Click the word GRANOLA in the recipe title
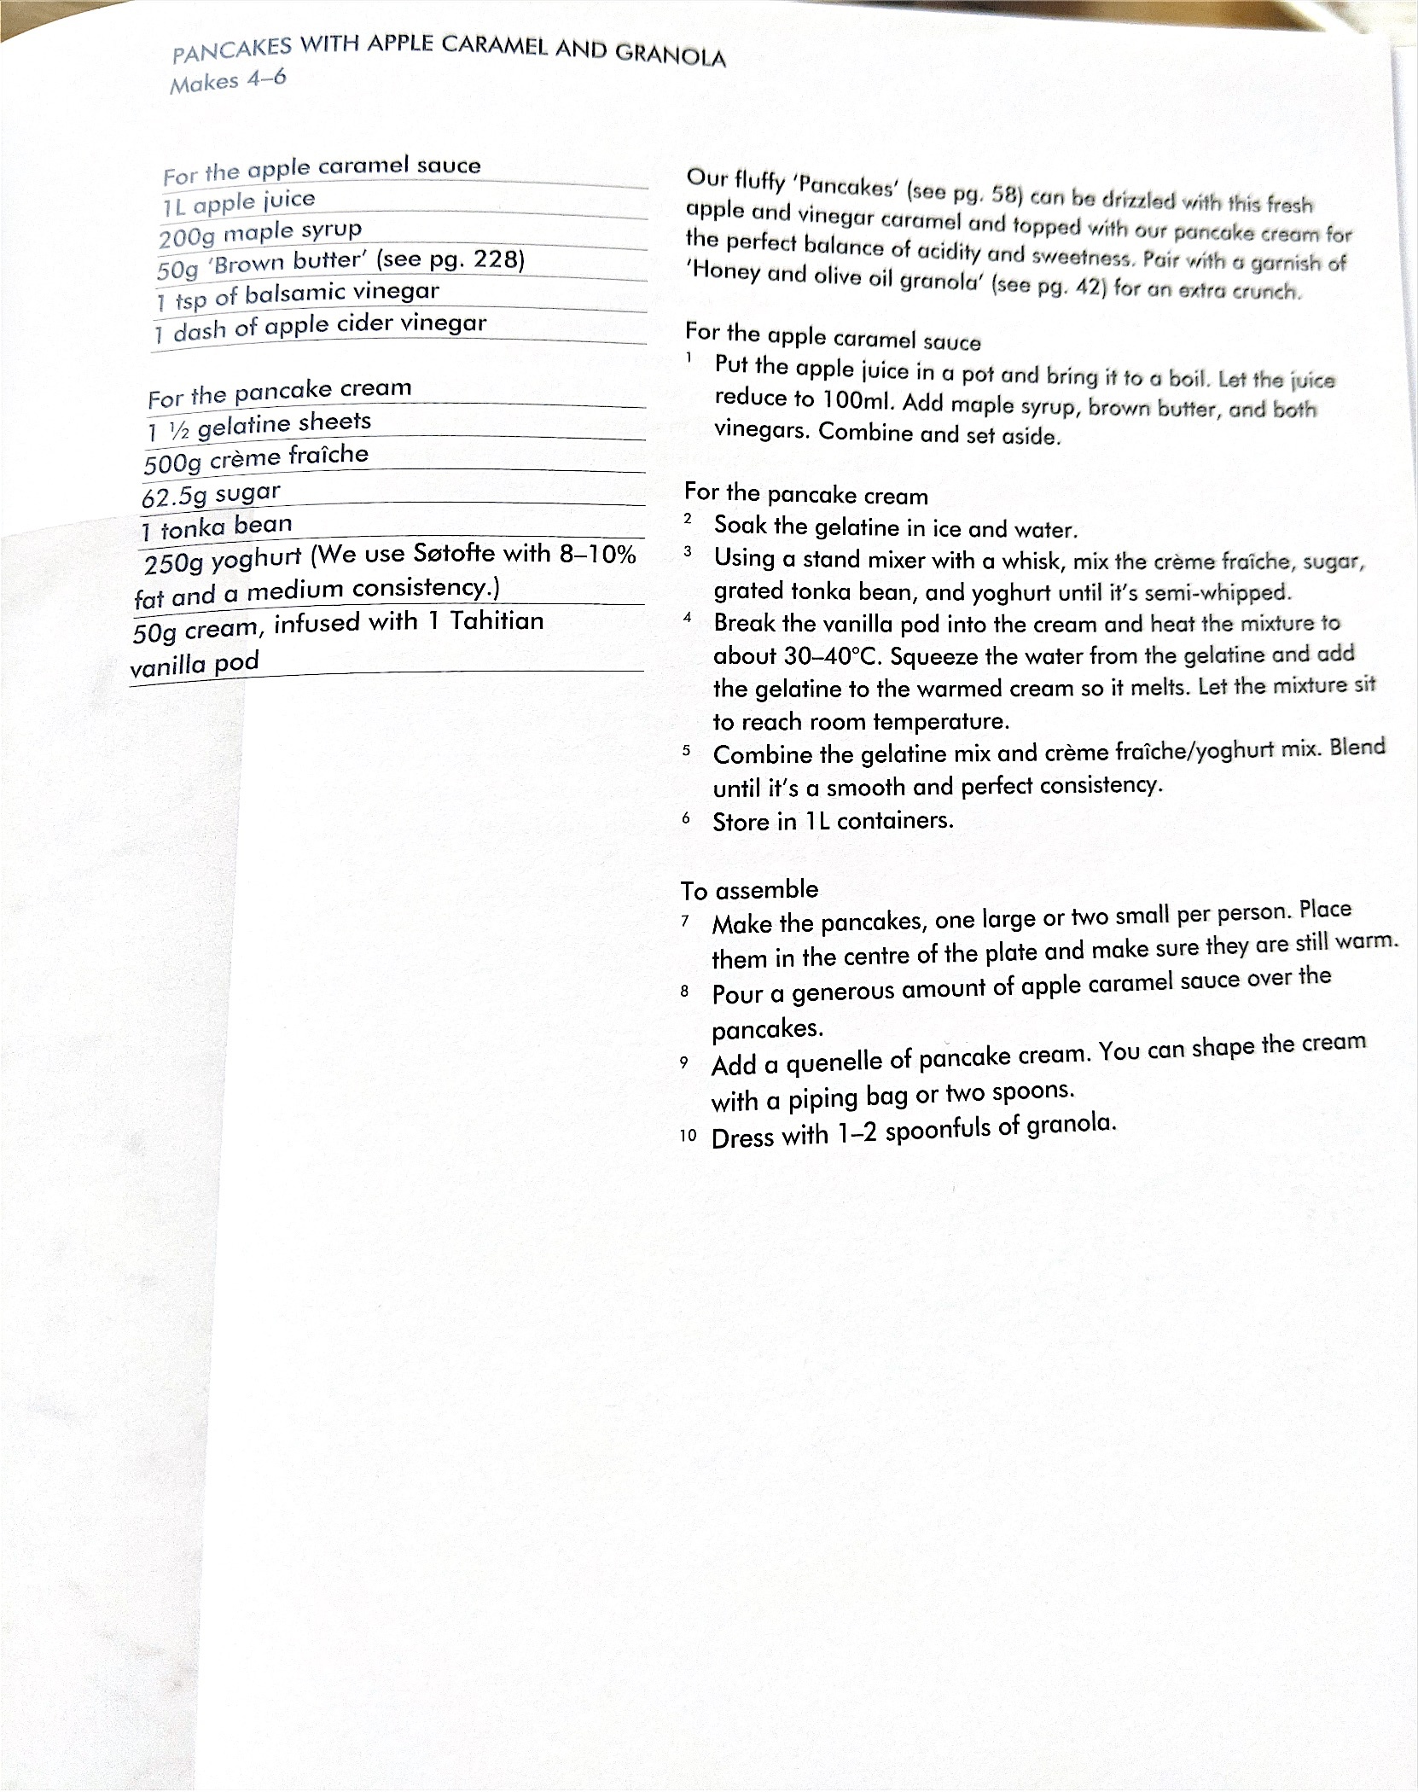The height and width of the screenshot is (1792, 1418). click(x=671, y=55)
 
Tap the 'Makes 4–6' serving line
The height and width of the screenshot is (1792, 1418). click(x=228, y=81)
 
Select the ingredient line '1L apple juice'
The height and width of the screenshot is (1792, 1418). click(x=239, y=202)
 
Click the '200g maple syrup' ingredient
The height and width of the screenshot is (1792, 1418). click(x=260, y=233)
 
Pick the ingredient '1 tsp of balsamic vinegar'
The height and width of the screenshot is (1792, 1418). click(x=297, y=294)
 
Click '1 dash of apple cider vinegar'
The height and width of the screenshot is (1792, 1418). click(x=319, y=326)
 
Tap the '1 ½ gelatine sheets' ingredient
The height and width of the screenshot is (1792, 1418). click(x=259, y=424)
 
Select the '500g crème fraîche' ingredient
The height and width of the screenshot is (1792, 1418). click(x=256, y=457)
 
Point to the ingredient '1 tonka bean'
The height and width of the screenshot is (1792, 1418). click(x=217, y=527)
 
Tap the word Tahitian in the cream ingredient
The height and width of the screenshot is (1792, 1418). click(x=497, y=620)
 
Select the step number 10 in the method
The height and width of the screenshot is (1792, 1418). click(x=689, y=1137)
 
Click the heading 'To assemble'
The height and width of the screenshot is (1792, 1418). click(x=749, y=890)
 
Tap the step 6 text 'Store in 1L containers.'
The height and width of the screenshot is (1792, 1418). click(x=833, y=821)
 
